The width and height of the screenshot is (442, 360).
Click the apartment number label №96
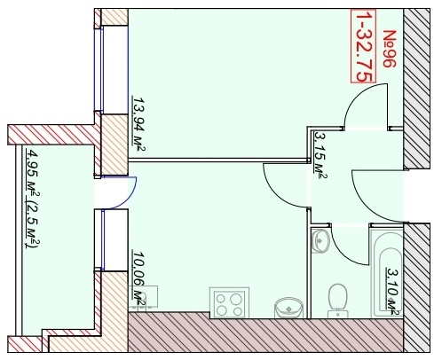point(390,49)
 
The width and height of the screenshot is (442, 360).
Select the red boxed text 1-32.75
point(364,46)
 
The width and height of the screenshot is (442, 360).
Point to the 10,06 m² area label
point(139,278)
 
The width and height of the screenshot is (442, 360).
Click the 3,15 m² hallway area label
point(320,155)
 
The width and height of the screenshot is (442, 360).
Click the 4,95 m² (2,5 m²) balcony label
point(33,199)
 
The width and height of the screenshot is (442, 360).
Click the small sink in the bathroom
point(320,241)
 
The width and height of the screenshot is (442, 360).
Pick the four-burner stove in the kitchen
point(229,302)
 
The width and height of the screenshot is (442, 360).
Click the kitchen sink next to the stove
point(288,308)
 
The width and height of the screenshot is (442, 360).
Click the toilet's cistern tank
point(337,314)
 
